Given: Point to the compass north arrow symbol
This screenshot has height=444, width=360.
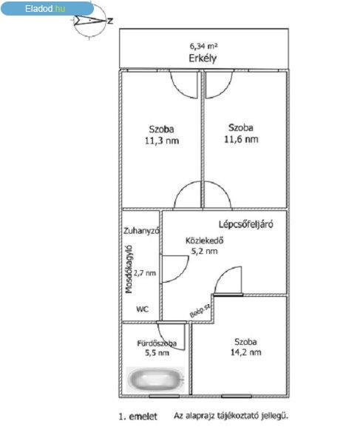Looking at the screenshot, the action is pos(92,21).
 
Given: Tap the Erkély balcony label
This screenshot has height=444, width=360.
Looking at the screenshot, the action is pos(203,58).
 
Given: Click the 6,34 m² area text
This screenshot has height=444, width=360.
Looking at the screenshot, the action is pos(203,46).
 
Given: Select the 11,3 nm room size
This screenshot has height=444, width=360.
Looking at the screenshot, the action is pos(162,141).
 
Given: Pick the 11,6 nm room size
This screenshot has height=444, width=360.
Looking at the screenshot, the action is pos(241,139).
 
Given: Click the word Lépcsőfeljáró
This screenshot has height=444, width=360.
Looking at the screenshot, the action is pos(246,224).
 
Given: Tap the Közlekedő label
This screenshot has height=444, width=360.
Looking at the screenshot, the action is pos(205,240).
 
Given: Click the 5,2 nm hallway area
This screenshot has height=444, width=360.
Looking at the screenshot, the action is pos(205,251).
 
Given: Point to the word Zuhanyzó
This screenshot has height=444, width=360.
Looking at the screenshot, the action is pos(142,231).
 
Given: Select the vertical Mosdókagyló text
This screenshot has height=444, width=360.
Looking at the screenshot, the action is pos(129,269).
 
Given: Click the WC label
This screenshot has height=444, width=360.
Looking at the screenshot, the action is pos(142,309).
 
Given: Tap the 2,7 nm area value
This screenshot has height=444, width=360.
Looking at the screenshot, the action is pos(145,273).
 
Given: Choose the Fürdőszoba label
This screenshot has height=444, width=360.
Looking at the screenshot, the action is pos(157,343).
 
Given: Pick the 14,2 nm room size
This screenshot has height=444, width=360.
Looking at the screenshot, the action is pos(245,352).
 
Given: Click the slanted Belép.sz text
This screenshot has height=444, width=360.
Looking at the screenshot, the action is pos(200,311).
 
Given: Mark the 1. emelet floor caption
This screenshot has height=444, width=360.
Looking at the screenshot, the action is pos(137,417).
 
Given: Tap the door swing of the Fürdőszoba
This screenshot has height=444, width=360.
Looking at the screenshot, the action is pos(171,337).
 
